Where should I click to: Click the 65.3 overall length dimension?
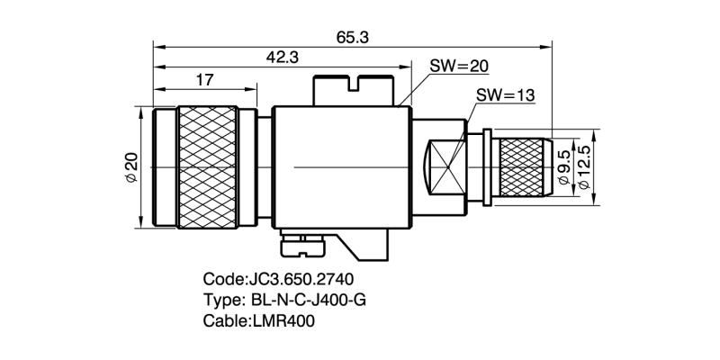click(351, 37)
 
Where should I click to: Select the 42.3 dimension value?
click(282, 58)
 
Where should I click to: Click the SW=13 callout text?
click(505, 95)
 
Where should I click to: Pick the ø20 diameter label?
click(131, 168)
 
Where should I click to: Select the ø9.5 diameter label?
click(564, 168)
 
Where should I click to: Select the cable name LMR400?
click(286, 319)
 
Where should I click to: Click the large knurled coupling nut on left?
click(208, 167)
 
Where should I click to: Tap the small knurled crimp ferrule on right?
click(524, 167)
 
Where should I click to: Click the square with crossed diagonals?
click(447, 167)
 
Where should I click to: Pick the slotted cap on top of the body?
click(354, 90)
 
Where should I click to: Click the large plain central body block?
click(341, 167)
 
